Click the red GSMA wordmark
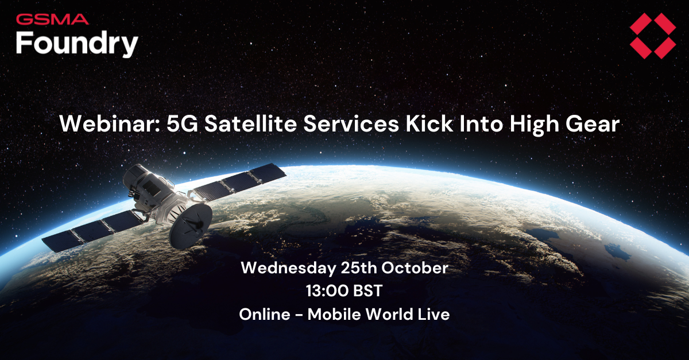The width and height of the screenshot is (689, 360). click(x=52, y=20)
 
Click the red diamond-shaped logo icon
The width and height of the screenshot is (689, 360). click(x=652, y=36)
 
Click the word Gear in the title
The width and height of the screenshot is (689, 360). click(x=595, y=125)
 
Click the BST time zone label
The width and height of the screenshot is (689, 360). click(x=365, y=291)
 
